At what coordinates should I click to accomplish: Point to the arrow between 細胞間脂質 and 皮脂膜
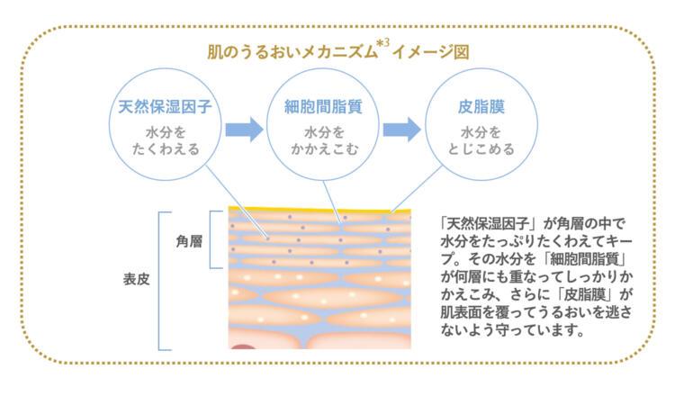pos(401,129)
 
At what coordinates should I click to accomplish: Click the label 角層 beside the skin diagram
pos(188,240)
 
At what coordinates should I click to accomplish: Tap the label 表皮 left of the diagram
pos(137,279)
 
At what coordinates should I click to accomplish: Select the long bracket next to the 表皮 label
pos(162,280)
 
